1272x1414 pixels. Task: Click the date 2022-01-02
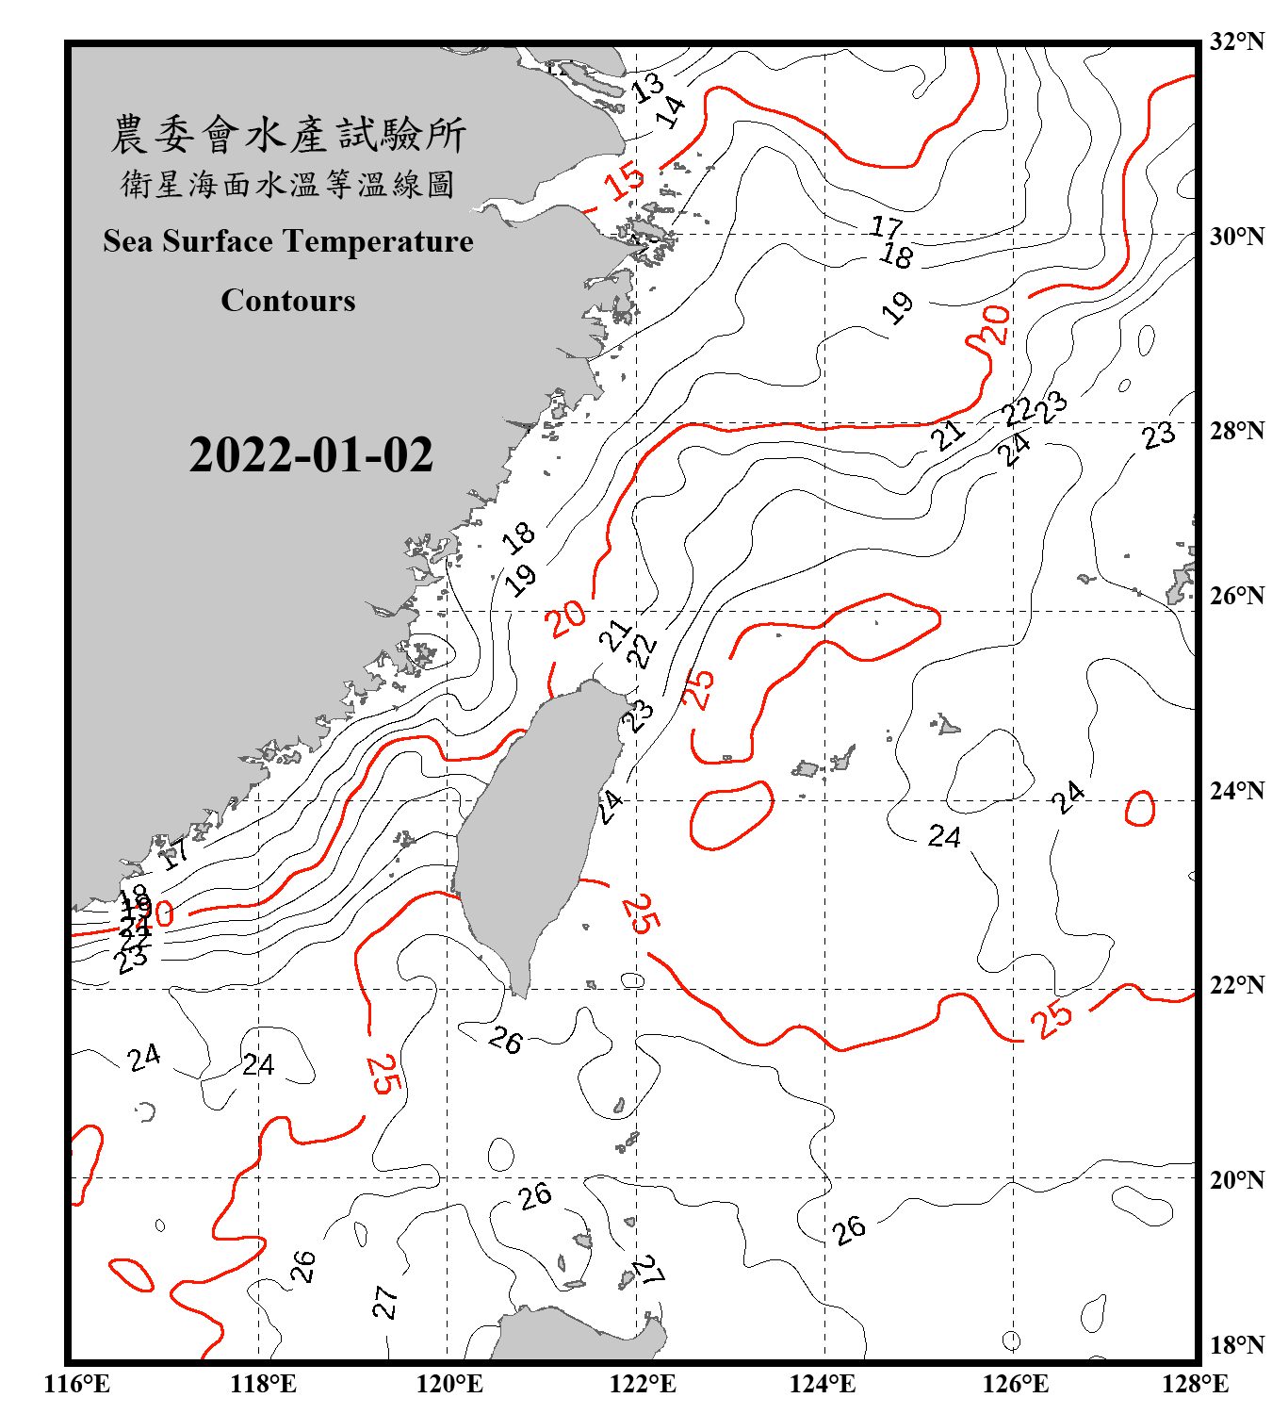311,455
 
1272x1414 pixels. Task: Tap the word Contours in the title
288,301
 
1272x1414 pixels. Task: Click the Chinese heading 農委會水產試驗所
288,135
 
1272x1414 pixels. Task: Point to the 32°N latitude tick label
1236,41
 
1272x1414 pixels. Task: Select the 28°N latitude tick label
1236,431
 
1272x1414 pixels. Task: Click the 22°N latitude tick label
1236,985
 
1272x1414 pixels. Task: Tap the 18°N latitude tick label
1236,1345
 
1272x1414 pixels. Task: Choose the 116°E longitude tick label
77,1384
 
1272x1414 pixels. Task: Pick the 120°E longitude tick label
449,1384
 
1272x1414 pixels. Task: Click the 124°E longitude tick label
823,1384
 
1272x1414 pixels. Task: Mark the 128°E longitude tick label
1195,1384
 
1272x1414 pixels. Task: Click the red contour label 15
625,181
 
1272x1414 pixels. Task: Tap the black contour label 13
647,88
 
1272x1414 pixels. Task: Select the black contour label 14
671,112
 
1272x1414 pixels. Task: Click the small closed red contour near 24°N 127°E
1140,809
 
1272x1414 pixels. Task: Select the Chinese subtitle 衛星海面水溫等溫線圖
288,185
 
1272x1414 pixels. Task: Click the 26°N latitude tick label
1236,596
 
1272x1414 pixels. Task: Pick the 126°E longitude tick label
1015,1384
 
